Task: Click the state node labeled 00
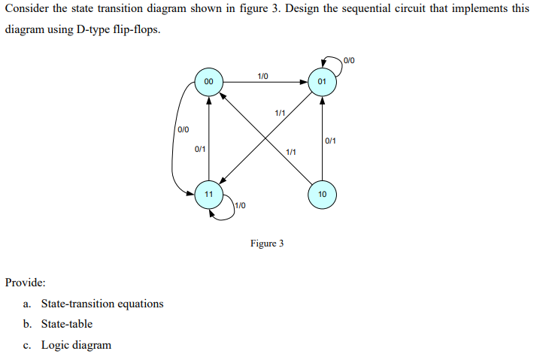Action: [x=208, y=81]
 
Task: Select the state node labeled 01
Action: [x=322, y=81]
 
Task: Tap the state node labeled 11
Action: [x=208, y=194]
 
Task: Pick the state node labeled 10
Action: [x=322, y=194]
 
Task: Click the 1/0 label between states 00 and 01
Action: [x=263, y=75]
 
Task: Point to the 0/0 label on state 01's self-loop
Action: [x=350, y=59]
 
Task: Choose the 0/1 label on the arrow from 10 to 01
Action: [x=331, y=141]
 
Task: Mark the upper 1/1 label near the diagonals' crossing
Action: [x=279, y=113]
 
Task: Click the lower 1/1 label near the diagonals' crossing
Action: [x=291, y=153]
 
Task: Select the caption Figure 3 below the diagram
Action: [x=267, y=244]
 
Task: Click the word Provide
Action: [x=25, y=283]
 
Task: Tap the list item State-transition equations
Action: [x=102, y=304]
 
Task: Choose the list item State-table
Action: [x=67, y=324]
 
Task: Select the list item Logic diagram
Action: [x=76, y=345]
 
